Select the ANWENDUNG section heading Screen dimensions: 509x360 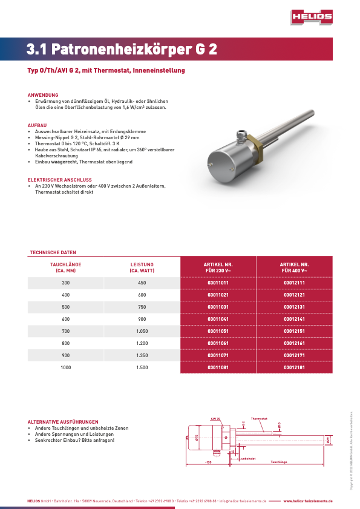(x=43, y=95)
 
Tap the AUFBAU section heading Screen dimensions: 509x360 (x=37, y=125)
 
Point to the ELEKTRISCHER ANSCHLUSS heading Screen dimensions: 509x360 (x=59, y=180)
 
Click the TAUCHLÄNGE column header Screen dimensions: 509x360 (x=65, y=264)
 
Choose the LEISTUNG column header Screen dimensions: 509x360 (x=142, y=264)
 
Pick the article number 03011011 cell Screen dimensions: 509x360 (x=218, y=283)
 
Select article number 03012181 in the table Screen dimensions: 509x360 (x=295, y=367)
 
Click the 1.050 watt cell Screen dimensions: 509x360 (x=142, y=331)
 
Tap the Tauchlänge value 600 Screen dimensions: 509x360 (x=65, y=319)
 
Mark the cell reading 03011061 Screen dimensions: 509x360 (x=218, y=343)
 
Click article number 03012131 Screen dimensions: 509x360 (x=295, y=307)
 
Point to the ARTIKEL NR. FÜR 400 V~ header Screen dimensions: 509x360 (x=295, y=268)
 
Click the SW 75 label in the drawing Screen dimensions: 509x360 (x=215, y=419)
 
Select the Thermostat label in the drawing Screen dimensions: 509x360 (x=259, y=419)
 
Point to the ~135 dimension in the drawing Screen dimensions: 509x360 (x=208, y=462)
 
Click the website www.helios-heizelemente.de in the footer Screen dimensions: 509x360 (x=308, y=501)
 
